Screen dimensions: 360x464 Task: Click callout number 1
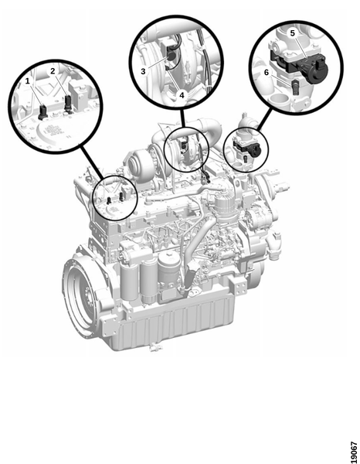pyautogui.click(x=28, y=80)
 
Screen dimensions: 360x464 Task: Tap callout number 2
pyautogui.click(x=53, y=71)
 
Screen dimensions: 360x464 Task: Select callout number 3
pyautogui.click(x=144, y=71)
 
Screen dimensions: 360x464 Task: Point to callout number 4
pyautogui.click(x=182, y=95)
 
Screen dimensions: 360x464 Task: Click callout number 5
pyautogui.click(x=292, y=33)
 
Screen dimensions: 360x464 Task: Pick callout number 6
pyautogui.click(x=267, y=72)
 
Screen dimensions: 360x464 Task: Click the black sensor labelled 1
pyautogui.click(x=42, y=112)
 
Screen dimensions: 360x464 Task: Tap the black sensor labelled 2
pyautogui.click(x=68, y=104)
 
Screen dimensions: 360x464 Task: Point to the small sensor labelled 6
pyautogui.click(x=295, y=87)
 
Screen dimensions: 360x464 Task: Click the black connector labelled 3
pyautogui.click(x=171, y=53)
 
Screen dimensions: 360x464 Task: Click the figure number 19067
pyautogui.click(x=354, y=452)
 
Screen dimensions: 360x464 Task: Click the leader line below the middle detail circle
pyautogui.click(x=182, y=118)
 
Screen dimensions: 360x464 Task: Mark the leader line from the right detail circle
pyautogui.click(x=263, y=119)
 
